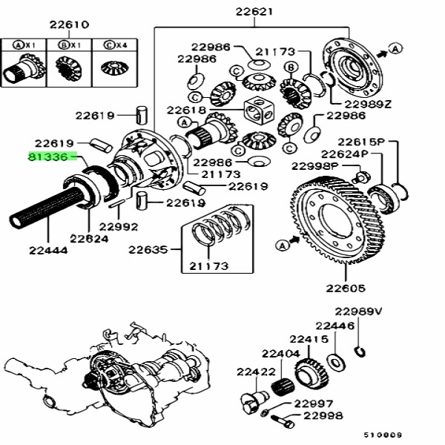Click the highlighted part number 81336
[x=52, y=158]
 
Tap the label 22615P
[x=363, y=141]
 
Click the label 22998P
[x=315, y=166]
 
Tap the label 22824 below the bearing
[x=89, y=238]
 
